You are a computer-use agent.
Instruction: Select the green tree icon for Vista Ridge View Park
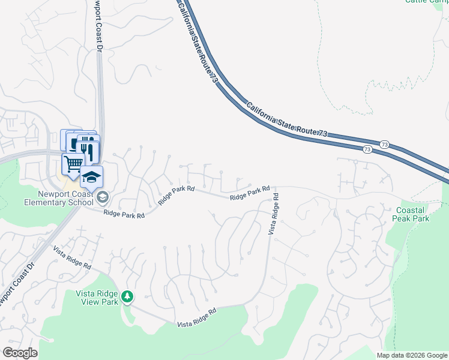(x=127, y=296)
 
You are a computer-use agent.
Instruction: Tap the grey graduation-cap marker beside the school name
(x=102, y=197)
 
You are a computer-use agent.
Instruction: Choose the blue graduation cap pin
(x=91, y=177)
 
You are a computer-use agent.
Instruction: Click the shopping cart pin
(x=73, y=163)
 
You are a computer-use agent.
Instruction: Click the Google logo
(x=20, y=353)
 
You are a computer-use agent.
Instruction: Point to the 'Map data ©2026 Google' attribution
(x=412, y=355)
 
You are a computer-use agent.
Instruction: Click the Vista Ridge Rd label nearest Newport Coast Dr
(x=71, y=257)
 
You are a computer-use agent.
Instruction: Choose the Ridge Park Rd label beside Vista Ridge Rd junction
(x=249, y=193)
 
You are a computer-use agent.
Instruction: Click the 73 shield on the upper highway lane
(x=385, y=145)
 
